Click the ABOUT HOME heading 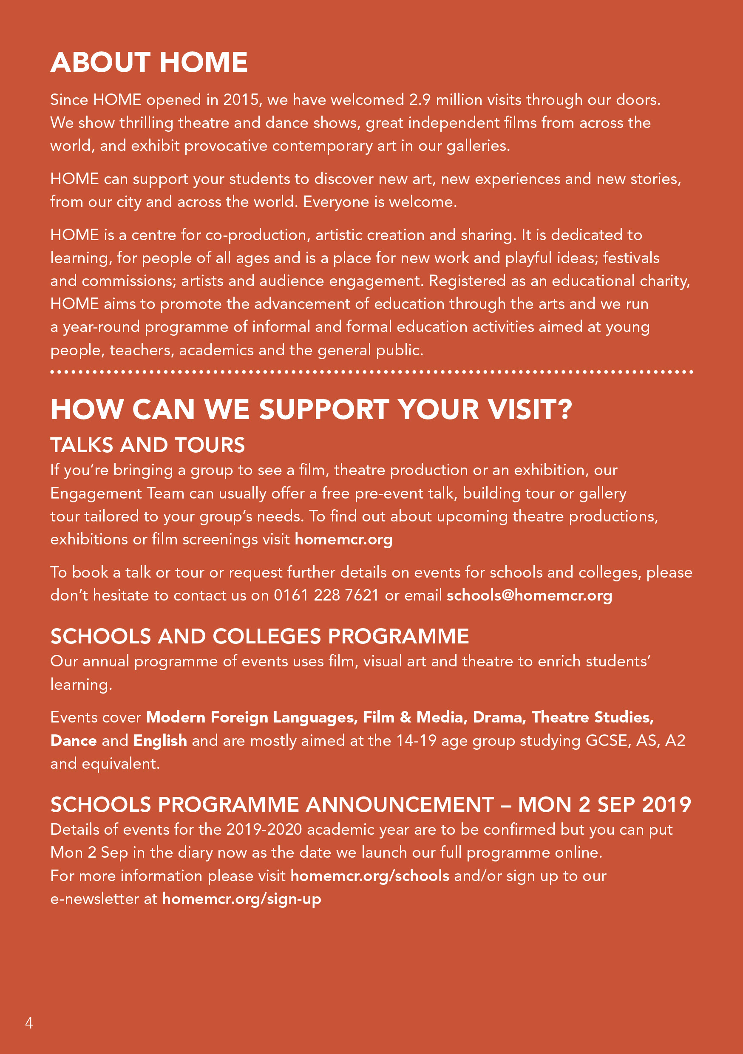[x=149, y=62]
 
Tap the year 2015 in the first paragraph [x=241, y=99]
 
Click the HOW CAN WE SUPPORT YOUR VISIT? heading [x=311, y=409]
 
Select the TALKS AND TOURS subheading [x=147, y=445]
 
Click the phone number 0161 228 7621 [x=326, y=595]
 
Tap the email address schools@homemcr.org [x=529, y=595]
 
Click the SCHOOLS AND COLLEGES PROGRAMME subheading [x=259, y=636]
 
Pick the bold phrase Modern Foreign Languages [x=252, y=717]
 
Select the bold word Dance [x=74, y=740]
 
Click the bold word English [x=160, y=740]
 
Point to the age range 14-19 [x=416, y=740]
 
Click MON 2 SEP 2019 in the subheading [x=604, y=805]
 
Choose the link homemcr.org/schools [x=370, y=875]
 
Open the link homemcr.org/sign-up [x=241, y=898]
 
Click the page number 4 [x=29, y=1023]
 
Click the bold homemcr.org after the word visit [x=343, y=539]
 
